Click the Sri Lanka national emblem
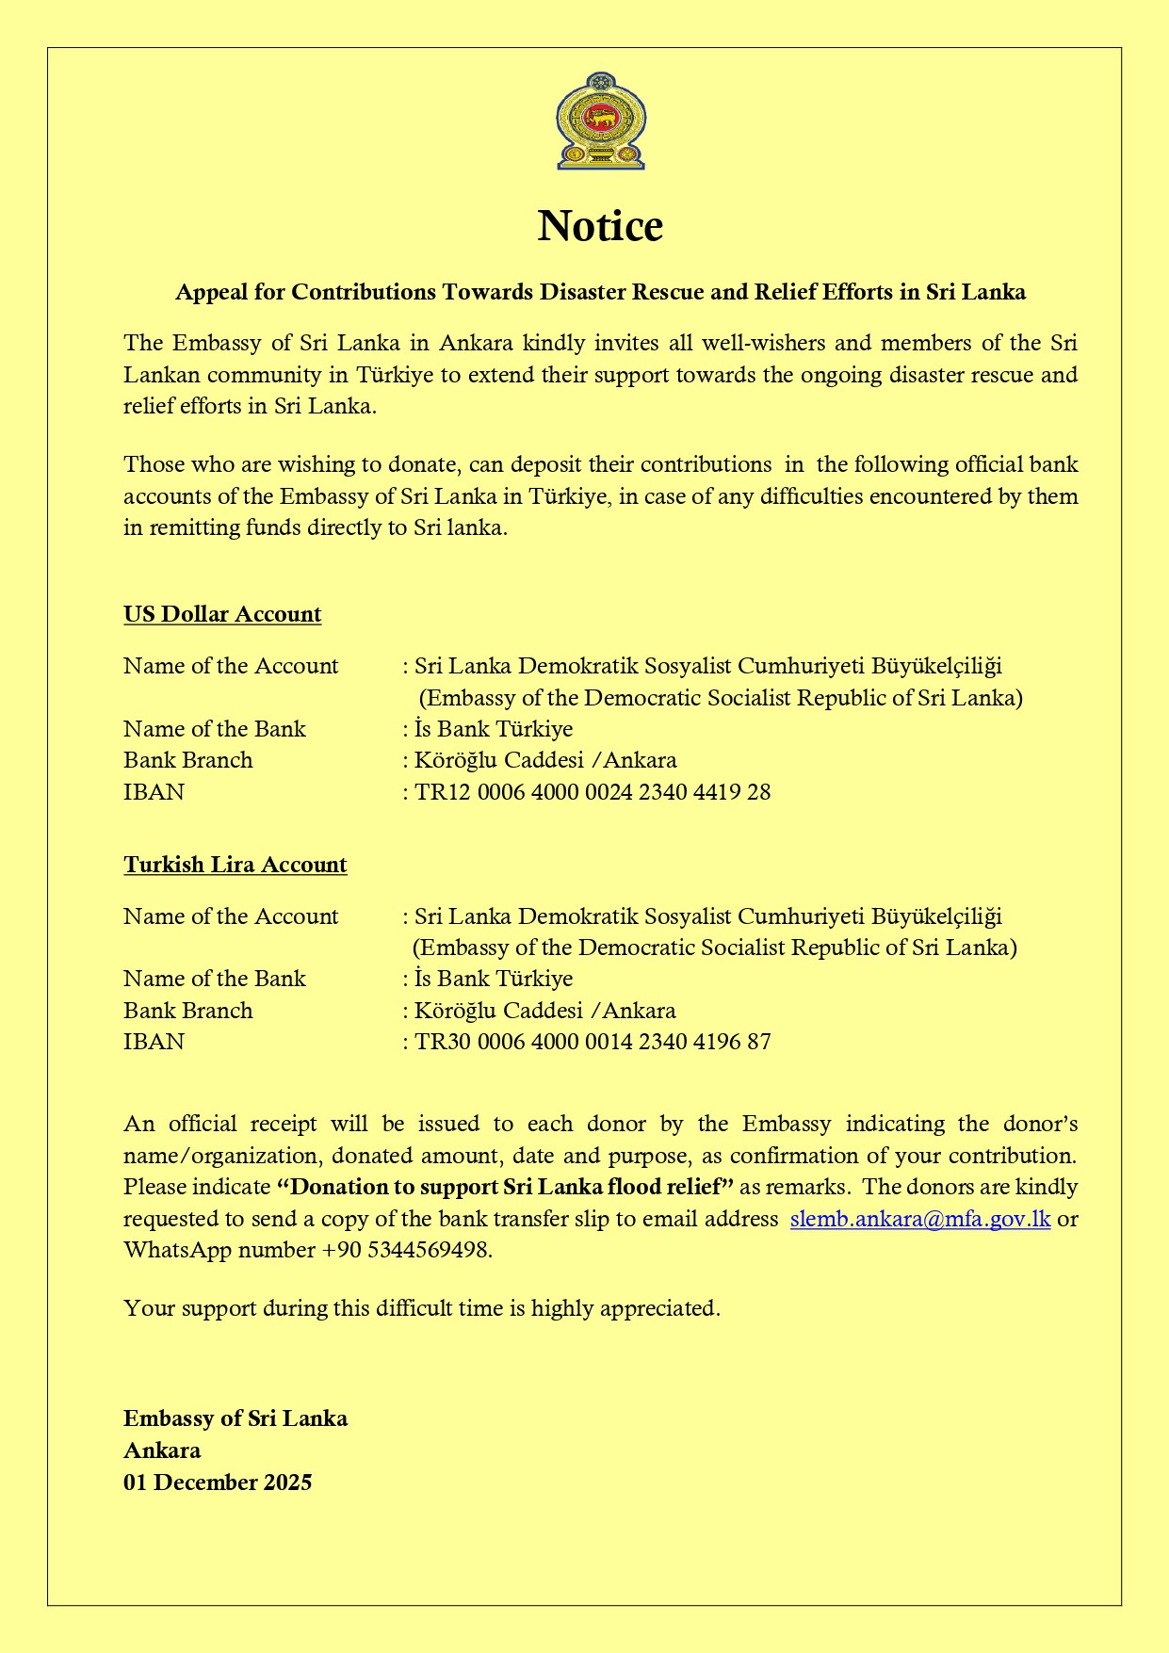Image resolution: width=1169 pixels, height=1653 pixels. tap(600, 122)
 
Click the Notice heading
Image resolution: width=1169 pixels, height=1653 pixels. tap(600, 226)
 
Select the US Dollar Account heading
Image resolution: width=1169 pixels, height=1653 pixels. tap(222, 614)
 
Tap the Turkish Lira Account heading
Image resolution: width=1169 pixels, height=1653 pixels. tap(235, 865)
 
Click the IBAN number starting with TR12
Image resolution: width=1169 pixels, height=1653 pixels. tap(593, 792)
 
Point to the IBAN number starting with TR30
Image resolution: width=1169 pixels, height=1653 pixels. tap(593, 1042)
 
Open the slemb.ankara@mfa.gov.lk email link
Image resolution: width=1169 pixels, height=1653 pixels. tap(919, 1219)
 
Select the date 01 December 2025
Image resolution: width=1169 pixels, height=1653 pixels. tap(218, 1483)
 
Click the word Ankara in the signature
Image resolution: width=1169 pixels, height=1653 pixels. tap(162, 1450)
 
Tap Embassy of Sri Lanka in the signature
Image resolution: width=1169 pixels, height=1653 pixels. tap(235, 1418)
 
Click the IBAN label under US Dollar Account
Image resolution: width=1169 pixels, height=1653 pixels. tap(154, 792)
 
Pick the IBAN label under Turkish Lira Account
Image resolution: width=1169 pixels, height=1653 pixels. tap(154, 1042)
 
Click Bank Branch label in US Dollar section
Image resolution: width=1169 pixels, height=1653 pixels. tap(188, 760)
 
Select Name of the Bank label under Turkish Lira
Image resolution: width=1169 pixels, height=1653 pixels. tap(215, 979)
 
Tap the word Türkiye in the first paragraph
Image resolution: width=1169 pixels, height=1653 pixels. tap(395, 375)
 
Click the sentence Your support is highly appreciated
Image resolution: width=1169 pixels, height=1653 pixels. tap(422, 1308)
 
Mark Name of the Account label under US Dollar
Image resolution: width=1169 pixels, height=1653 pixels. tap(231, 666)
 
